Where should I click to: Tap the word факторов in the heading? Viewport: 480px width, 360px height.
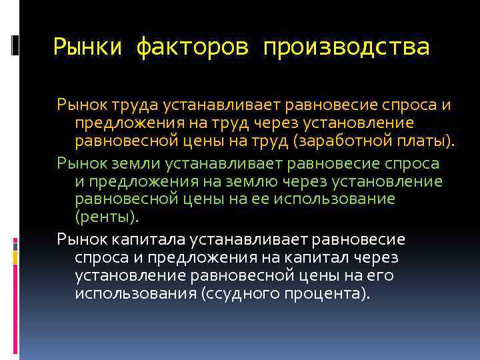click(x=193, y=48)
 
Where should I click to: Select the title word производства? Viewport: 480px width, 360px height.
click(x=346, y=48)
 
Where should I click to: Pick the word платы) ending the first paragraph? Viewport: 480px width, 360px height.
click(x=431, y=141)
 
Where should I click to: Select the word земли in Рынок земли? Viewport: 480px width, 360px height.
click(x=121, y=163)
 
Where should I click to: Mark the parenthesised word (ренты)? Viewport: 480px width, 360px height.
click(x=107, y=217)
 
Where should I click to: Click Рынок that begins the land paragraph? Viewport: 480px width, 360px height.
click(x=77, y=163)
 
